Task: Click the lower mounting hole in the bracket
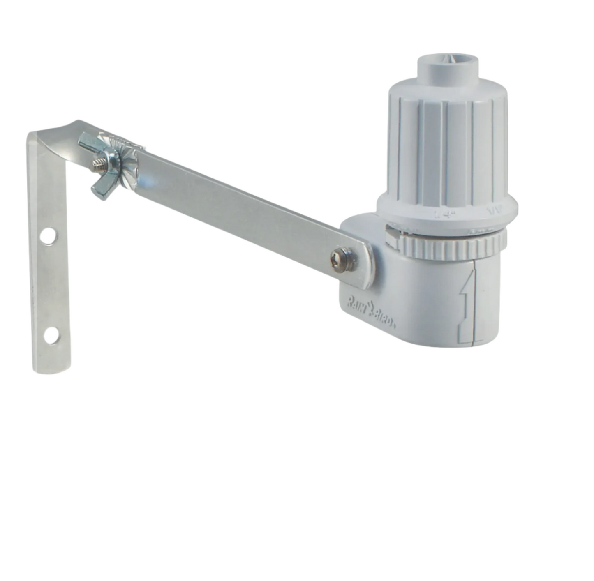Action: pos(51,336)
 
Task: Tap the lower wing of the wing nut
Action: pos(100,190)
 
